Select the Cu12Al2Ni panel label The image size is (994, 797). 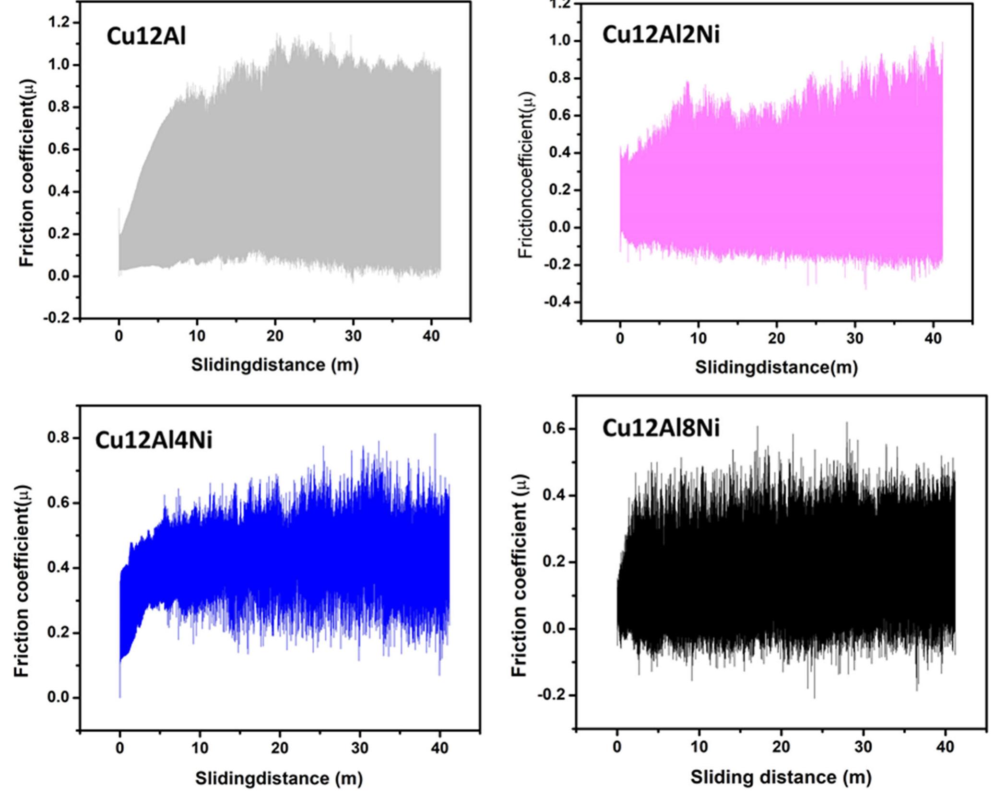[x=661, y=35]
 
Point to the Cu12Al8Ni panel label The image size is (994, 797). [x=661, y=428]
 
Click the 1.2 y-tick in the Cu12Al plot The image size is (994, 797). [x=59, y=23]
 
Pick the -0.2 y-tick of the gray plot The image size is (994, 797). [x=57, y=318]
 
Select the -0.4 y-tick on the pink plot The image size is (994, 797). [x=556, y=302]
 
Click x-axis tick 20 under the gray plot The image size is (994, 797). [x=275, y=336]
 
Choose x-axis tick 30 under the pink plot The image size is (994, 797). [x=854, y=339]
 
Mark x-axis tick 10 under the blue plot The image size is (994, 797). [x=200, y=748]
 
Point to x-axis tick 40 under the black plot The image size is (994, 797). [x=945, y=747]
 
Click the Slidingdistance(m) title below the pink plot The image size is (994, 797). [x=776, y=367]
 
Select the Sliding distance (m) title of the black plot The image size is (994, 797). [x=781, y=777]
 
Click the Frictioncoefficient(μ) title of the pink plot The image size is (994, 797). [x=526, y=175]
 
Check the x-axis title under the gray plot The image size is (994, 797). [x=275, y=365]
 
